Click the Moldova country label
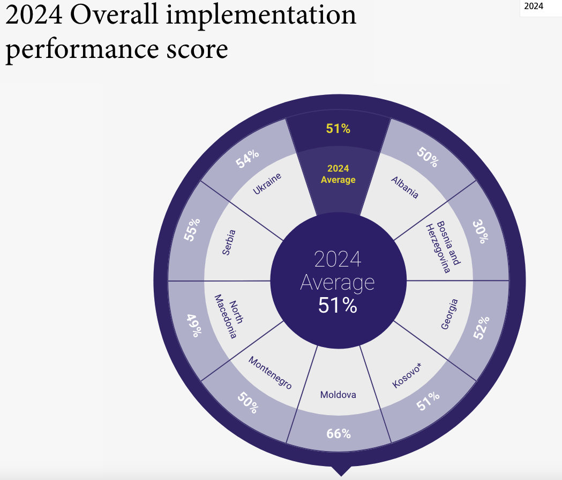pos(338,395)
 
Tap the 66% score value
pos(339,433)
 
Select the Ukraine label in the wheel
pos(267,183)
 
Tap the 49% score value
pos(194,325)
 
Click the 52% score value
pos(482,328)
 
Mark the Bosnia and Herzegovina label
pos(444,247)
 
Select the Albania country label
pos(405,187)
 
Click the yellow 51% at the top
pos(338,129)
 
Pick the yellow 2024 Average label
pos(338,174)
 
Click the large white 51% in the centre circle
pos(338,306)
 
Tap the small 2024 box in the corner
pos(533,6)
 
